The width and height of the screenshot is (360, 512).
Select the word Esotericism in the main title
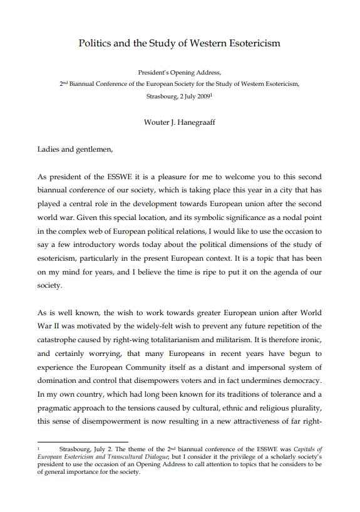pyautogui.click(x=254, y=43)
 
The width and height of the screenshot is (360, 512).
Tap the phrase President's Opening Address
pyautogui.click(x=180, y=73)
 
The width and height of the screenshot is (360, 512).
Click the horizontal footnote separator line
pyautogui.click(x=74, y=442)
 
